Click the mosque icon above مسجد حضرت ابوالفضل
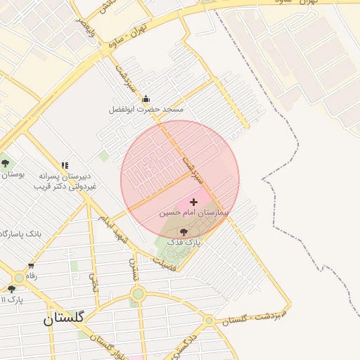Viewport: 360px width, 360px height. [x=146, y=99]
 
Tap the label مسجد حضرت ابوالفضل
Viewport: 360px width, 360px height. [x=146, y=110]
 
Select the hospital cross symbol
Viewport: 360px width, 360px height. [x=194, y=202]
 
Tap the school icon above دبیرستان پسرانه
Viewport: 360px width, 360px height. [x=65, y=166]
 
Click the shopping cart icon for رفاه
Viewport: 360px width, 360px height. [x=31, y=266]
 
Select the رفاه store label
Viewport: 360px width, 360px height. [x=32, y=276]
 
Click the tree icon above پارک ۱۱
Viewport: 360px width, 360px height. [x=11, y=289]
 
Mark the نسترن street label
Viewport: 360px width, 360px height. [x=132, y=269]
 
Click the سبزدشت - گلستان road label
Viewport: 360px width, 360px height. [x=252, y=316]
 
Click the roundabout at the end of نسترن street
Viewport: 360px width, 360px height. [x=138, y=294]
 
